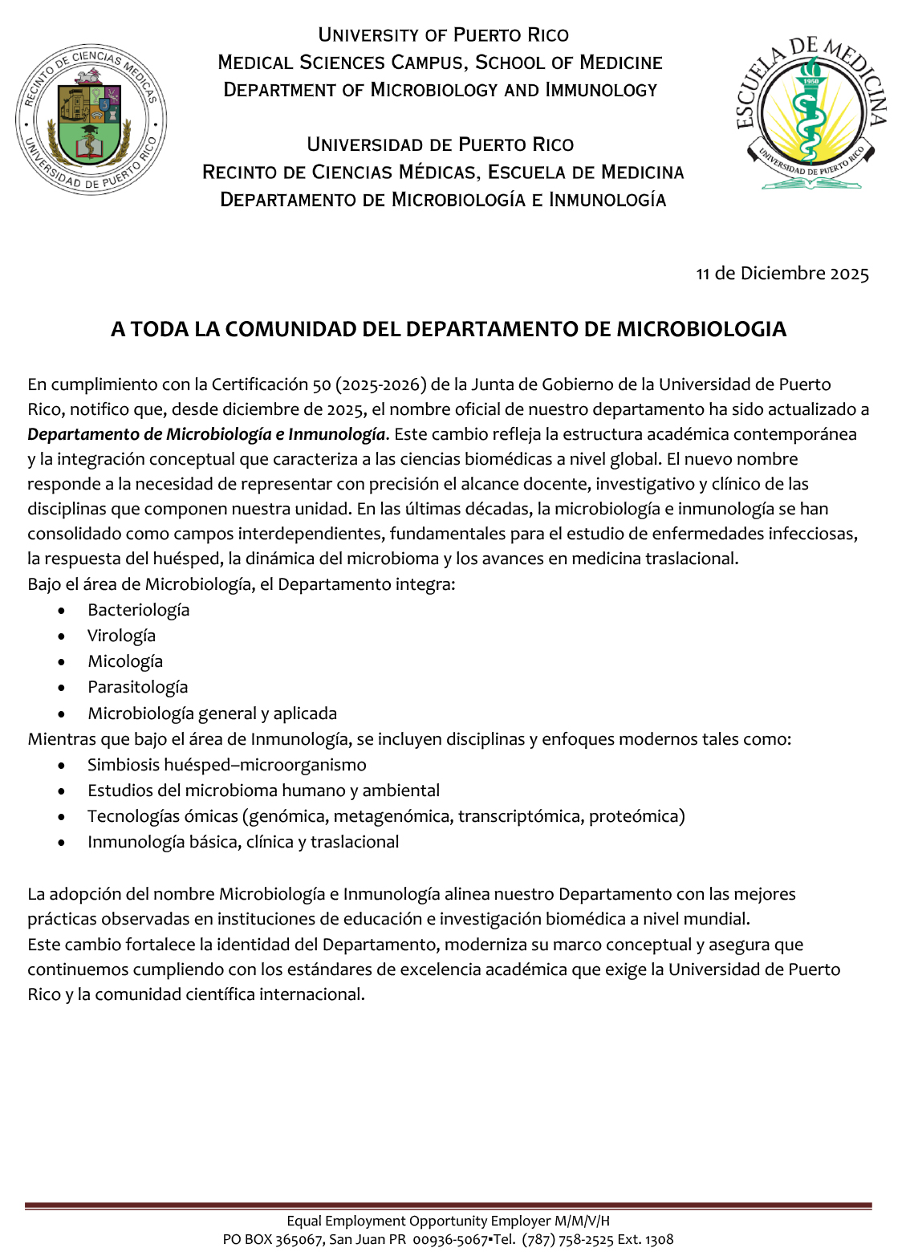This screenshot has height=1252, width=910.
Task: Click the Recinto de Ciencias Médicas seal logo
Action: [x=91, y=120]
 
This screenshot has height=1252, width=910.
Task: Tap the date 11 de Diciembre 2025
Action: [x=782, y=274]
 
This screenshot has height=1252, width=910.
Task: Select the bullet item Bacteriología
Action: [x=138, y=610]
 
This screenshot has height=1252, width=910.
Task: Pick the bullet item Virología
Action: [x=121, y=636]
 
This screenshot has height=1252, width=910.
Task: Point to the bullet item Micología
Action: [x=124, y=661]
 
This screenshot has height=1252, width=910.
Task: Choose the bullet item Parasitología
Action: [x=137, y=687]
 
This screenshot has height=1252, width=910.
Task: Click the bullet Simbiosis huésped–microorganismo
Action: [x=226, y=765]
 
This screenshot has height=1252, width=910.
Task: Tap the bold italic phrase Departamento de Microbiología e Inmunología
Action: [x=206, y=434]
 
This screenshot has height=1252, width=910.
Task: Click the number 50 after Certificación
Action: [x=322, y=384]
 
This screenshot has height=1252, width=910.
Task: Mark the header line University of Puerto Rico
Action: [x=443, y=35]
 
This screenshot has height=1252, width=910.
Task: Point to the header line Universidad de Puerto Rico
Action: [x=440, y=144]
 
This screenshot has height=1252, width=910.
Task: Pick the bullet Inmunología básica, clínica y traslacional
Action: [x=242, y=842]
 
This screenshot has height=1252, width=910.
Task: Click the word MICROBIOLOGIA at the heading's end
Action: [x=701, y=329]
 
